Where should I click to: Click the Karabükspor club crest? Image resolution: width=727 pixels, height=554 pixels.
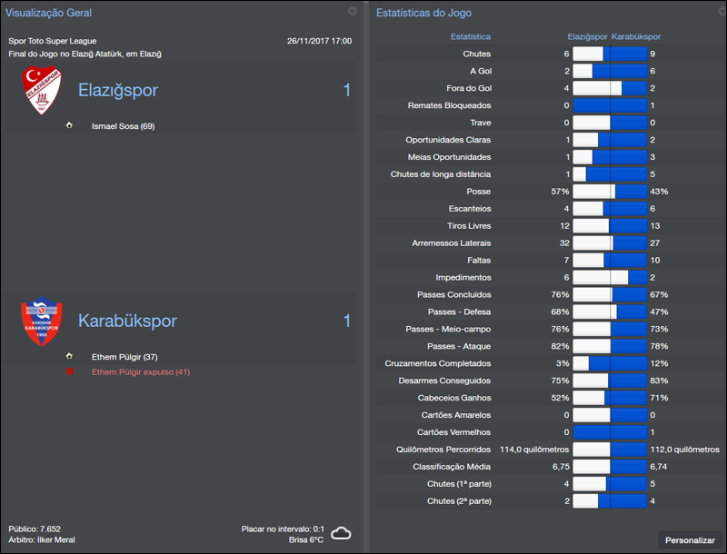[x=41, y=322]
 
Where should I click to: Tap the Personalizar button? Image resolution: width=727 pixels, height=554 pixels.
[x=690, y=540]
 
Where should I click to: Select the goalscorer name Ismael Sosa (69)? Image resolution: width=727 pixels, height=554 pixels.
[x=123, y=126]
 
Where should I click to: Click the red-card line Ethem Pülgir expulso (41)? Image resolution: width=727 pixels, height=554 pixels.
[x=141, y=372]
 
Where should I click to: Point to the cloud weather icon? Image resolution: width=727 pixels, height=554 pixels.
[x=341, y=533]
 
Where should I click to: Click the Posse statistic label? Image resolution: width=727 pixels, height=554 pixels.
[x=478, y=192]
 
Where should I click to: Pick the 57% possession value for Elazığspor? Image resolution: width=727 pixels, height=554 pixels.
[x=559, y=192]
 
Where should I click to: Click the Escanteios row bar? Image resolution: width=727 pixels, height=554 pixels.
[x=609, y=209]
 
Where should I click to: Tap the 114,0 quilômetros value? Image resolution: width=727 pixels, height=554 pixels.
[x=534, y=450]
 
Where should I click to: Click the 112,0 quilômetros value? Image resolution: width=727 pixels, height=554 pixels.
[x=682, y=450]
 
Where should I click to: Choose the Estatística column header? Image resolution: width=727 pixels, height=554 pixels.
[x=470, y=37]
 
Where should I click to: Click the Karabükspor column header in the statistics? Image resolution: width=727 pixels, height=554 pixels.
[x=636, y=37]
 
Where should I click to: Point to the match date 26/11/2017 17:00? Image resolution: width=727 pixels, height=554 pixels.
[x=319, y=41]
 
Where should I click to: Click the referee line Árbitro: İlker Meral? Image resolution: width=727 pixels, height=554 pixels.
[x=42, y=539]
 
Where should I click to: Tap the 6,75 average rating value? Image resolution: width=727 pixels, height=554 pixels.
[x=560, y=467]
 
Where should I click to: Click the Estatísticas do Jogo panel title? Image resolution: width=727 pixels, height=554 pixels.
[x=423, y=13]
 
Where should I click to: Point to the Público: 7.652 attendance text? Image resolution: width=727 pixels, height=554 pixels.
[x=35, y=529]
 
